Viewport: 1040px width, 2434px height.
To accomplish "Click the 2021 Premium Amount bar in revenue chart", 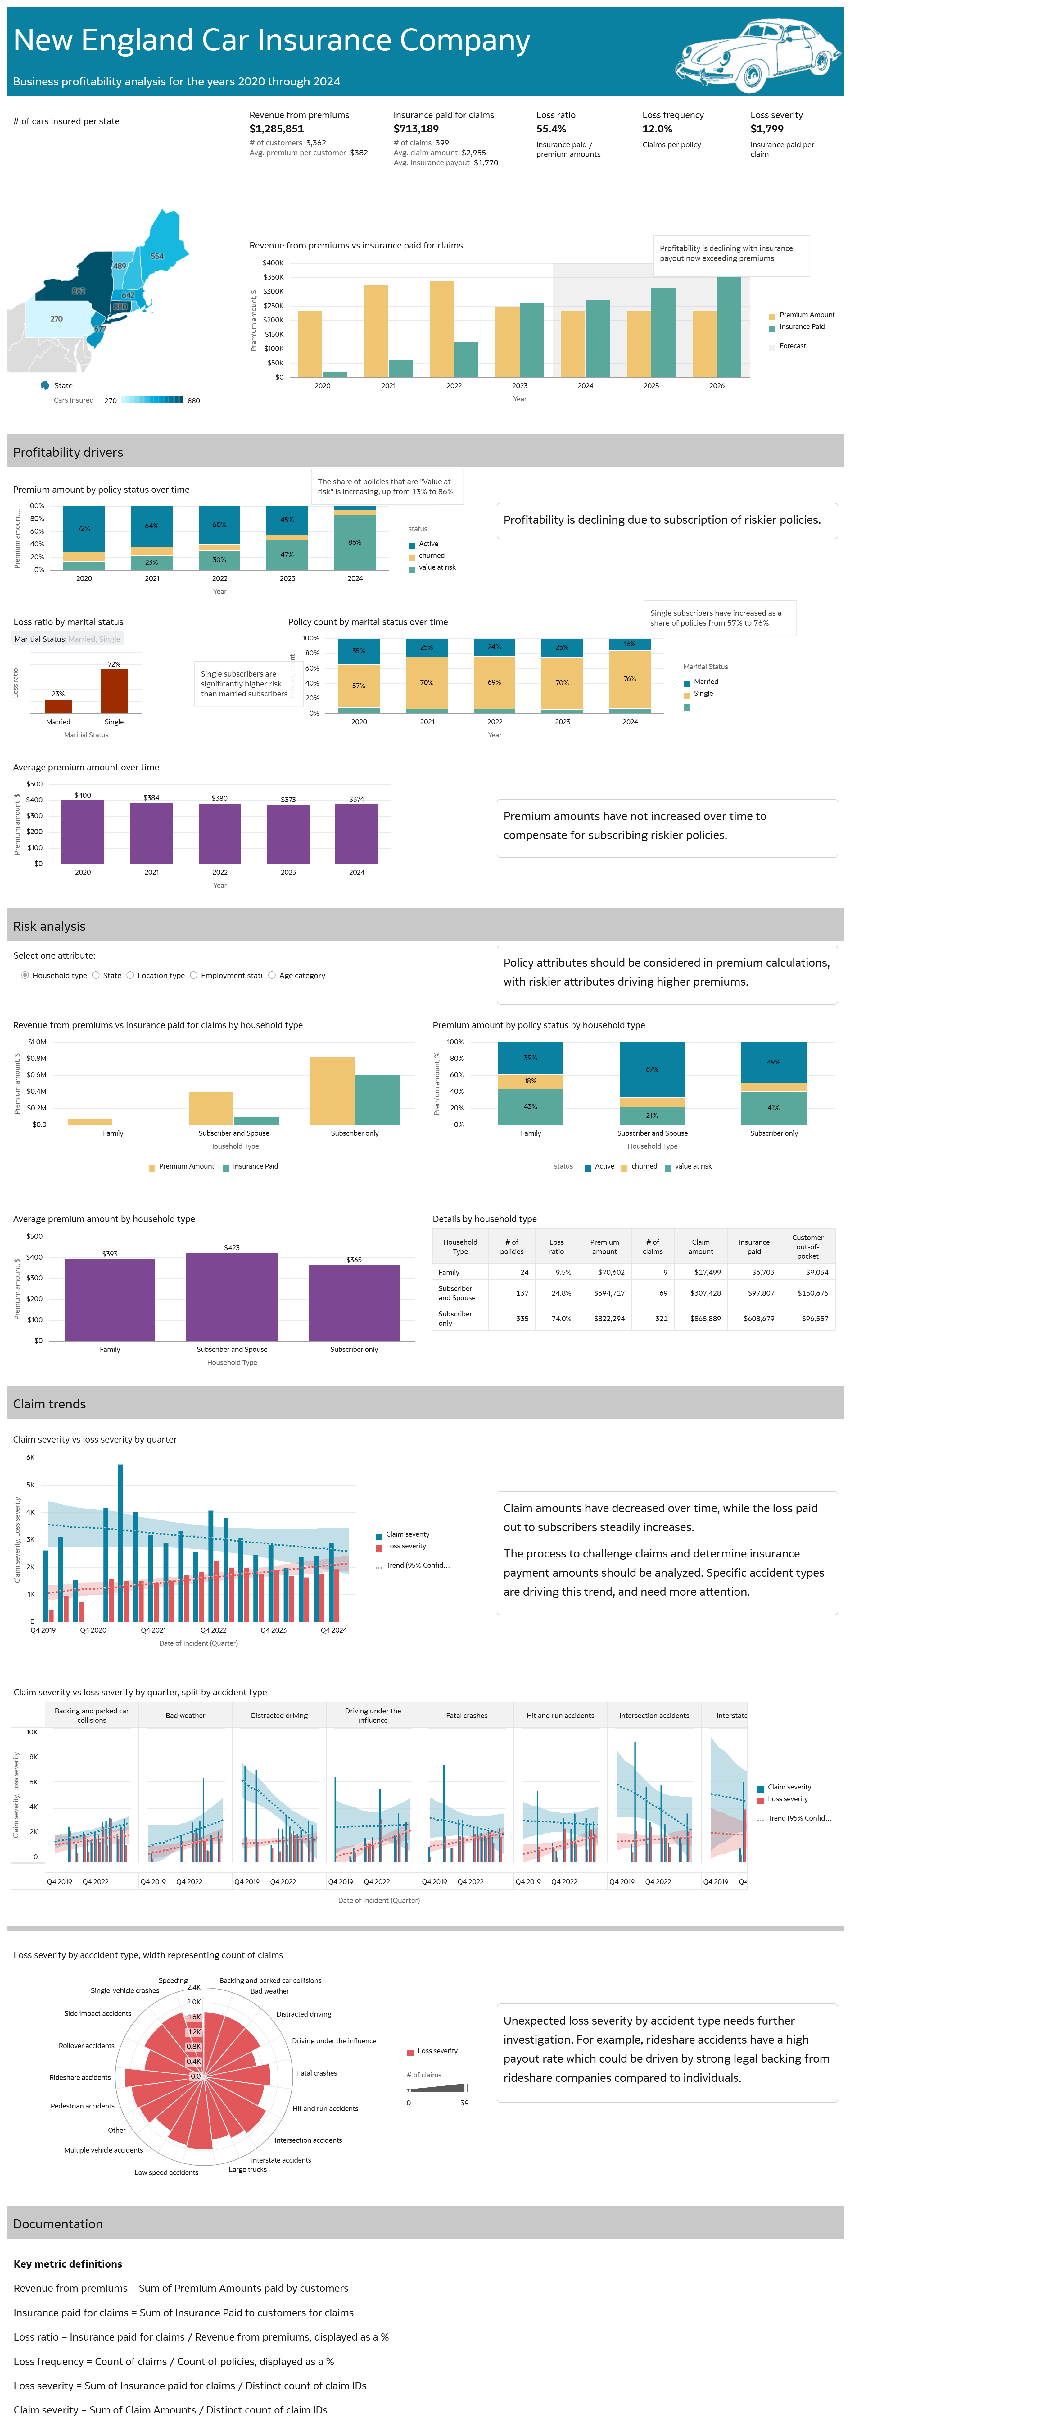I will click(x=376, y=331).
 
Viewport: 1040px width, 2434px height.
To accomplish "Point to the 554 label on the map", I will click(x=157, y=256).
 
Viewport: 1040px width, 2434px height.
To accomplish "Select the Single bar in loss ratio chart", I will click(x=114, y=691).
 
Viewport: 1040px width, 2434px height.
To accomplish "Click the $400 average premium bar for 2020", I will click(x=83, y=832).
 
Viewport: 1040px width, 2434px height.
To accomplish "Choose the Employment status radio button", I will click(x=194, y=975).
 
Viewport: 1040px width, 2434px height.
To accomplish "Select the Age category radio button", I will click(x=272, y=975).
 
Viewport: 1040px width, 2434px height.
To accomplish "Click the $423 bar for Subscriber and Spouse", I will click(x=231, y=1297).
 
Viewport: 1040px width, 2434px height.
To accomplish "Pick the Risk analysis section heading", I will click(x=49, y=926).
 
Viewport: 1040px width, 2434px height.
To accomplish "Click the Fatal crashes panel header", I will click(x=467, y=1715).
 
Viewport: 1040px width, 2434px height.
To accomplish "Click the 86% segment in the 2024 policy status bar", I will click(x=355, y=542).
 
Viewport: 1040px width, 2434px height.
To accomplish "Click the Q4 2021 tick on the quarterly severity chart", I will click(x=153, y=1630).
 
